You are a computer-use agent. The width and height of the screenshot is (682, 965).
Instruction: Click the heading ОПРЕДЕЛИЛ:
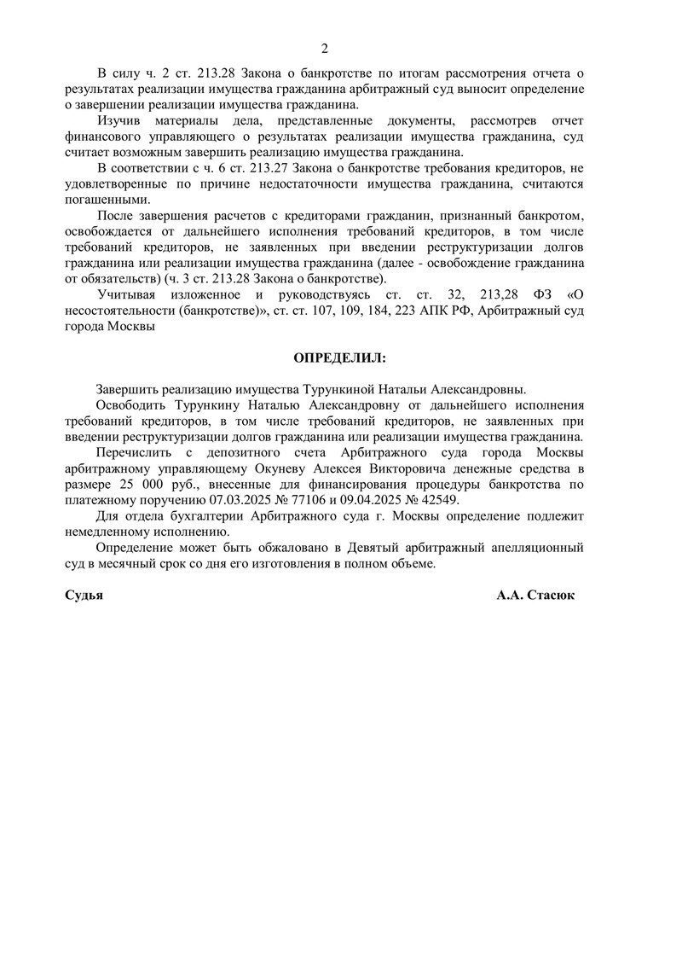point(339,357)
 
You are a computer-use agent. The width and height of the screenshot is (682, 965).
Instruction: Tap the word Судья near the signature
point(84,596)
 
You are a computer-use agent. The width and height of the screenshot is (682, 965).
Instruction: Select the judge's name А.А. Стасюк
point(535,596)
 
